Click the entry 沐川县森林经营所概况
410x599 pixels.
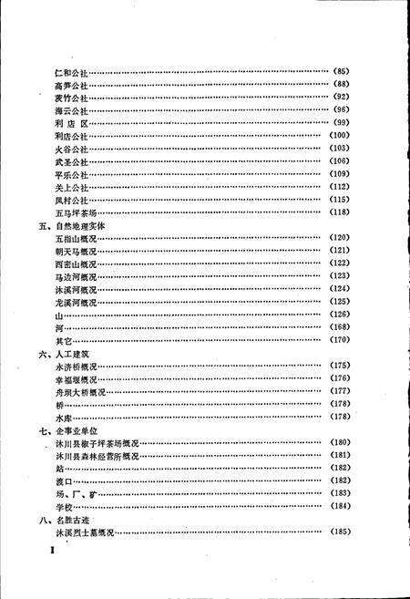[97, 456]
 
